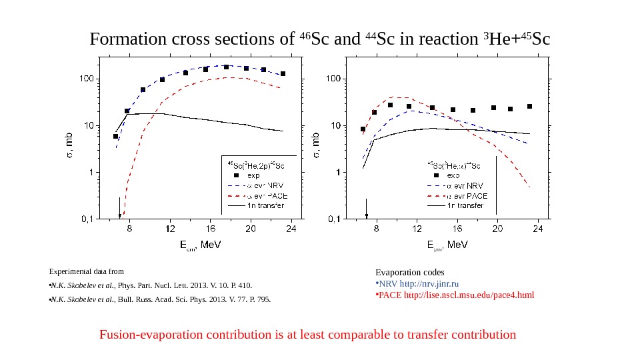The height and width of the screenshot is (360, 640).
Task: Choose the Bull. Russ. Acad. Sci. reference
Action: point(160,299)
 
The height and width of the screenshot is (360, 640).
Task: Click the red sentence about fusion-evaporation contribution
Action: point(307,335)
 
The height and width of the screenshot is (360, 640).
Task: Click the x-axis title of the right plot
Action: point(447,245)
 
